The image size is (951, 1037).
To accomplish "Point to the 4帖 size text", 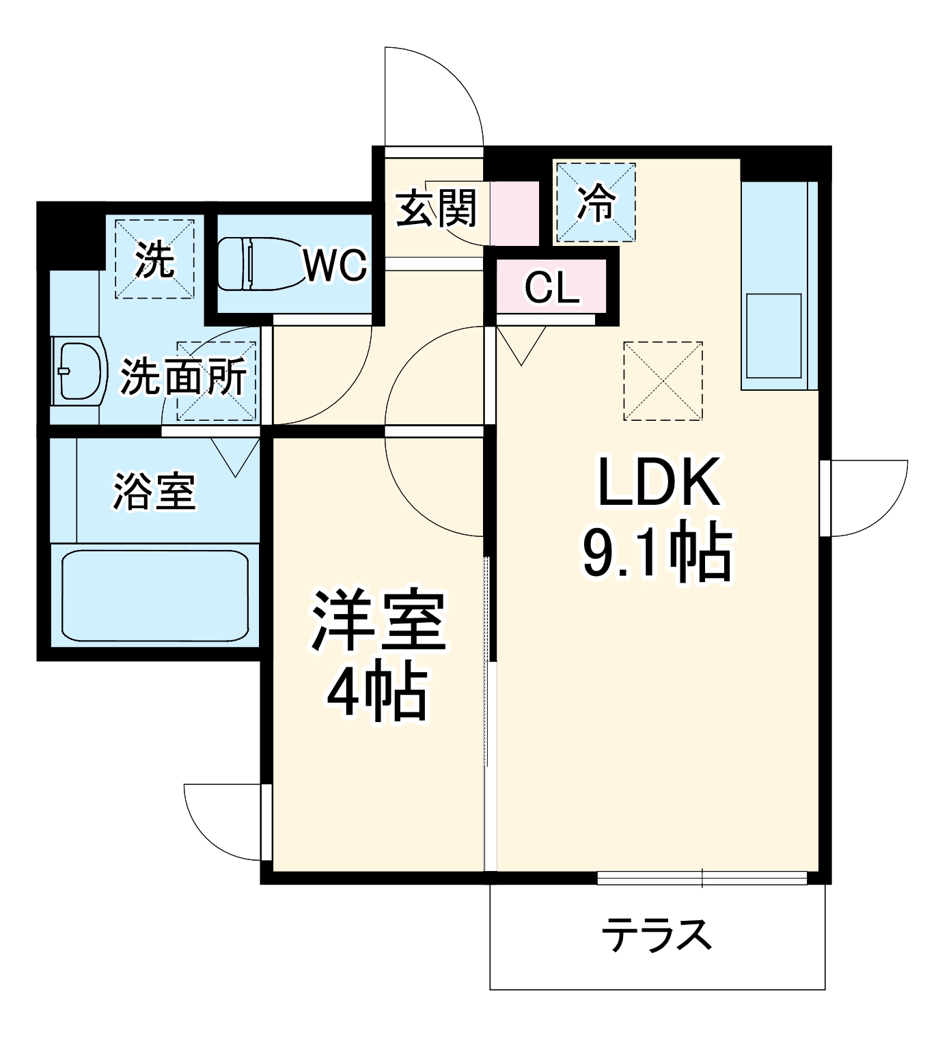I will coord(377,694).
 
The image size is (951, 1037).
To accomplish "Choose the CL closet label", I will coord(552,288).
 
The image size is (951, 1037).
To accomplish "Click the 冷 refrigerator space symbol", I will coord(596,203).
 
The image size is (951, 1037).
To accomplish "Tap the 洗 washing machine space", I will coord(154,259).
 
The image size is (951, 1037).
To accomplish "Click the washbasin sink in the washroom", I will coord(79,372).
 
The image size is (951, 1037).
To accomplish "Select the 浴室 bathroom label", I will coord(154,491).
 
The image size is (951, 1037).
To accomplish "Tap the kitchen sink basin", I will coord(774,335).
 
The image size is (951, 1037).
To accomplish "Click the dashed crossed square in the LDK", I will coord(663,381).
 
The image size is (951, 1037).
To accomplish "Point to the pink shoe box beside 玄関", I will coord(515,213).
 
